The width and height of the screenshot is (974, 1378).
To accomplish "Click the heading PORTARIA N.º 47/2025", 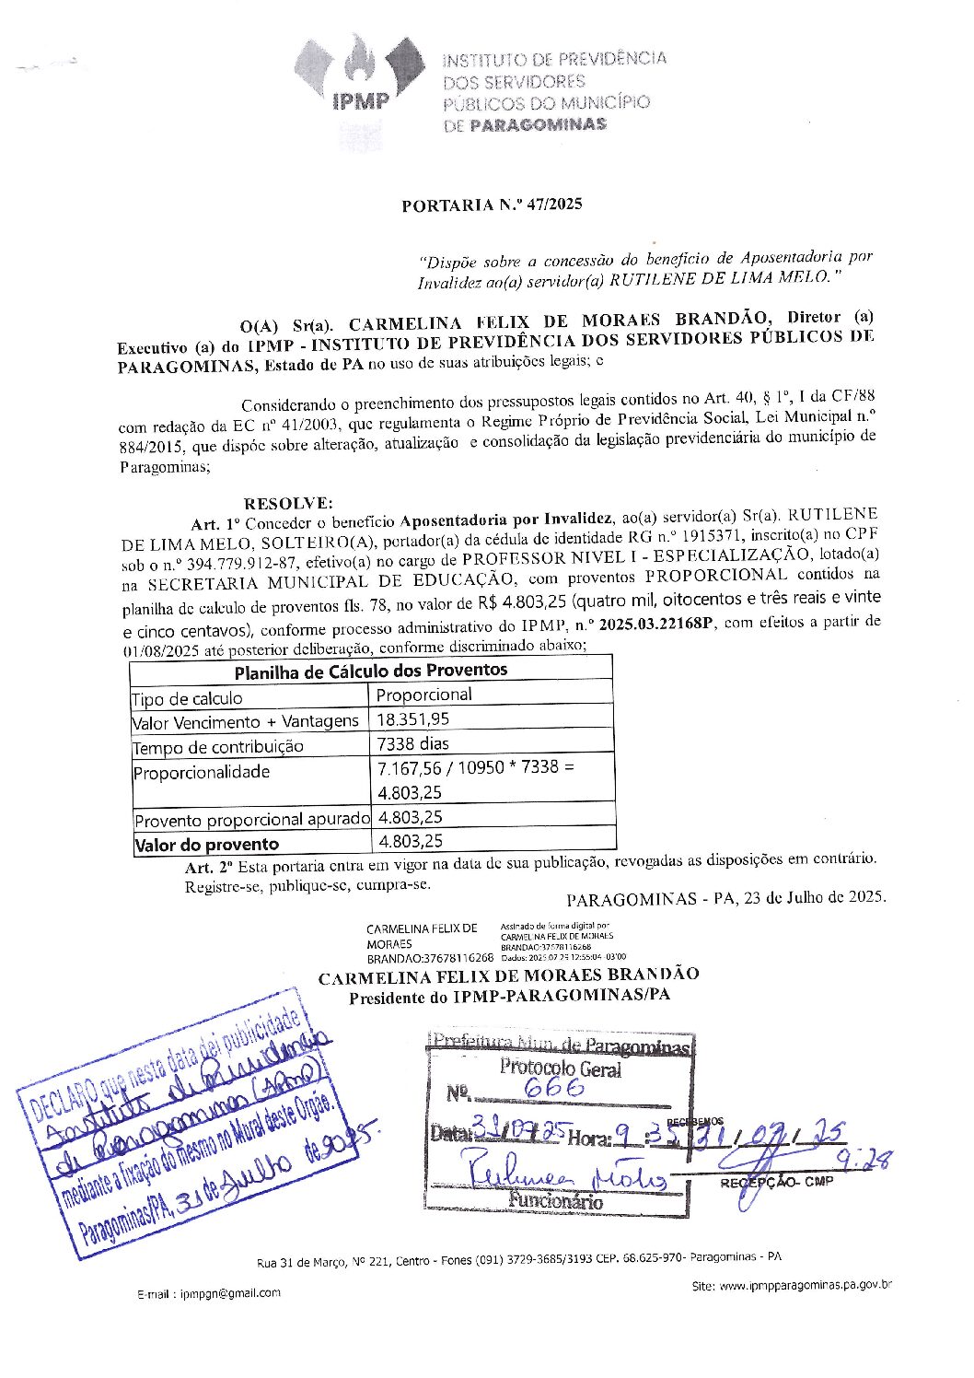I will (x=492, y=204).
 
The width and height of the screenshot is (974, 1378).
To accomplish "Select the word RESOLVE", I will (x=287, y=503).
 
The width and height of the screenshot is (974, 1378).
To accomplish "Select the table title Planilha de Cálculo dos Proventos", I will (x=370, y=671).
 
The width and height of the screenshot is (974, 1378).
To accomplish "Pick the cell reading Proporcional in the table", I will (x=424, y=695).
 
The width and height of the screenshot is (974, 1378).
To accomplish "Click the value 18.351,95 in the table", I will (x=413, y=718).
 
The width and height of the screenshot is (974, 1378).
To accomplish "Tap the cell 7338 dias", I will (x=413, y=742).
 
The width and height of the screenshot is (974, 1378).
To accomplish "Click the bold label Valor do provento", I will (x=207, y=844).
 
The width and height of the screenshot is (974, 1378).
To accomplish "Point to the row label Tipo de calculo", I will (x=188, y=699).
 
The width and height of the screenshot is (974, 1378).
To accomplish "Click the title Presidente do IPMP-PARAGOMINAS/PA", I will (x=509, y=996).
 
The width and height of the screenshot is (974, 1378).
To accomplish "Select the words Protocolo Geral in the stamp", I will (x=560, y=1069).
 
